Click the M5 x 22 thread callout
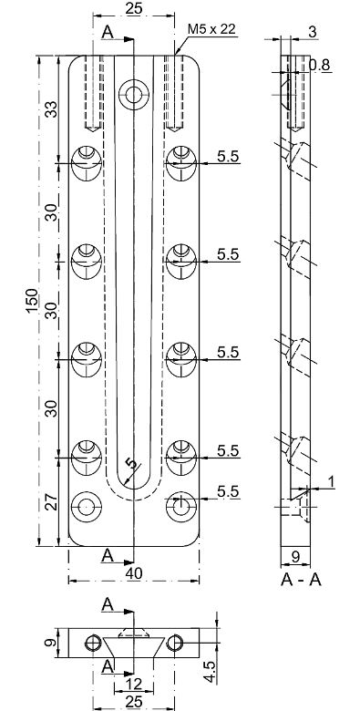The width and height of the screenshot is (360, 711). [211, 30]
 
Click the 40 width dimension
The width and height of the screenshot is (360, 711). [134, 574]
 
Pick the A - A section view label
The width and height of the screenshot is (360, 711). [293, 577]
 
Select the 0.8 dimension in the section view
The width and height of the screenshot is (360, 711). [319, 66]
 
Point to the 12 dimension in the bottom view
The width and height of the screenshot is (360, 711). [134, 684]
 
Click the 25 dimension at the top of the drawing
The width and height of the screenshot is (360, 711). [133, 9]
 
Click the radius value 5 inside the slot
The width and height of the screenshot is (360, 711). [133, 464]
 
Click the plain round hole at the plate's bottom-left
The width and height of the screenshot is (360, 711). [87, 504]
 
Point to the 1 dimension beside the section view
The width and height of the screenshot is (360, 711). [332, 480]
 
